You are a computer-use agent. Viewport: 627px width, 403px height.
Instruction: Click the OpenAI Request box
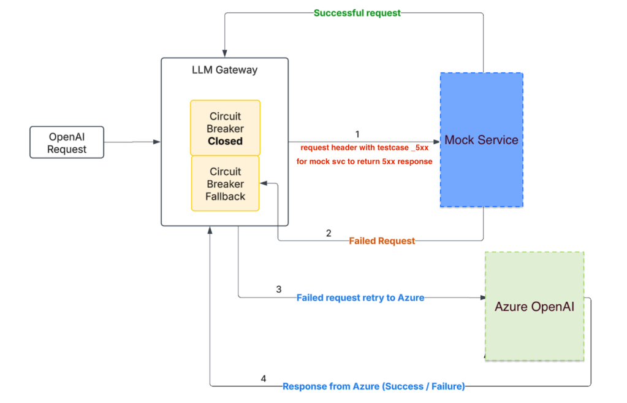click(x=67, y=142)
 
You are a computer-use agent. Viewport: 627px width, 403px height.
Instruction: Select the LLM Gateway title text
click(x=225, y=70)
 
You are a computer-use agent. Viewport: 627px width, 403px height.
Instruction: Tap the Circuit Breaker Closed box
click(x=225, y=128)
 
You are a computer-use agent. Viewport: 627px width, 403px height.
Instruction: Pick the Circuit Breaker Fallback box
click(x=225, y=183)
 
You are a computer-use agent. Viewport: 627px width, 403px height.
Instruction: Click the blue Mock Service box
click(x=481, y=140)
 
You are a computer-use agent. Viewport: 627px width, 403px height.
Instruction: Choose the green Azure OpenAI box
click(x=534, y=306)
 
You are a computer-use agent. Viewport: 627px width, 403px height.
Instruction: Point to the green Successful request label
click(x=357, y=13)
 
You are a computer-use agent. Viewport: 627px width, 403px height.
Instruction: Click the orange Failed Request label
click(x=382, y=241)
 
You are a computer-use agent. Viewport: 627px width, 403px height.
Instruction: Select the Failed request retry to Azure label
click(x=360, y=297)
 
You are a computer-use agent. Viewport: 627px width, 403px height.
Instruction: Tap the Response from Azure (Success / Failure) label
click(x=373, y=386)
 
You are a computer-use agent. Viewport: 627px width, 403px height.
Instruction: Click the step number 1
click(x=357, y=134)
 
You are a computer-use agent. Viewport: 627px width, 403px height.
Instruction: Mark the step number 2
click(x=329, y=233)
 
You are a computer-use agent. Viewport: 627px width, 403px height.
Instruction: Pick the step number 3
click(x=279, y=290)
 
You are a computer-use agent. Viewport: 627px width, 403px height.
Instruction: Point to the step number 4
click(x=264, y=378)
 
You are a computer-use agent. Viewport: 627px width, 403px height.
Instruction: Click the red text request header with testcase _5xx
click(x=364, y=148)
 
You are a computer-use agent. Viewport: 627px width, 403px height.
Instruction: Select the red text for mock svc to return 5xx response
click(x=364, y=162)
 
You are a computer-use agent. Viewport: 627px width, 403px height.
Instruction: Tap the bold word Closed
click(x=225, y=141)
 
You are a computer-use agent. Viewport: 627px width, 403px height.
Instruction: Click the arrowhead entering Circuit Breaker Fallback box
click(x=263, y=183)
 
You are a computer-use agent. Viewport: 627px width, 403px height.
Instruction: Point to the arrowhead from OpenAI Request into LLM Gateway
click(x=157, y=142)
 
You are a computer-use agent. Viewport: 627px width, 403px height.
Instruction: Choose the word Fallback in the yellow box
click(x=225, y=196)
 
